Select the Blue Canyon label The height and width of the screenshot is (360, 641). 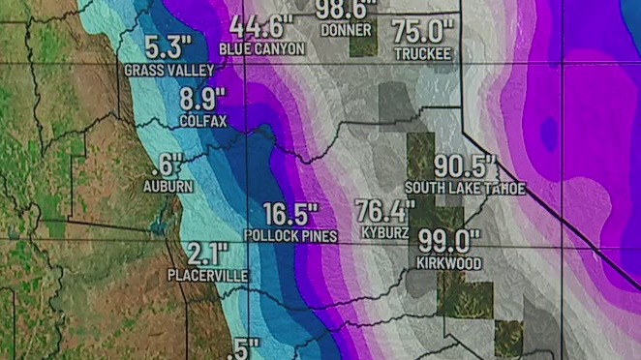click(x=261, y=48)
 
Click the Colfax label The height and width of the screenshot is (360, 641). click(x=202, y=121)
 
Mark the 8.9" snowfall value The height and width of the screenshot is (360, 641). click(x=203, y=99)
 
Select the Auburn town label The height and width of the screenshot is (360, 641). click(x=168, y=186)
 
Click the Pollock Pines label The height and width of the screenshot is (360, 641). click(x=290, y=236)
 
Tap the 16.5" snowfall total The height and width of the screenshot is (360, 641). click(x=290, y=214)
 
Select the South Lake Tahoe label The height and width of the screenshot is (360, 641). click(x=465, y=188)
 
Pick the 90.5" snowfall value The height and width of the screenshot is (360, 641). click(x=465, y=165)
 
